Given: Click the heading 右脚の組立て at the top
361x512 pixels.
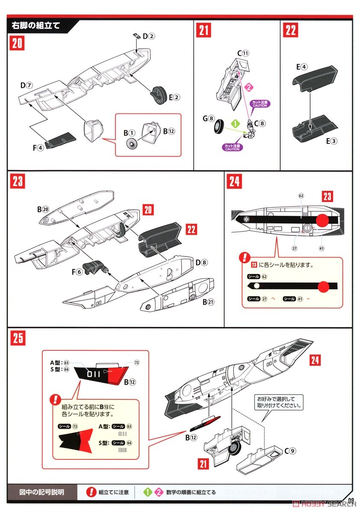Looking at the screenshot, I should (36, 25).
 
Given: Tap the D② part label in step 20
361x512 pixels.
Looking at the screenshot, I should (148, 36).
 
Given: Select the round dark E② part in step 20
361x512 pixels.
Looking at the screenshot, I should (159, 94).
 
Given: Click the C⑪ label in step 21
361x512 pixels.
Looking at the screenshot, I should (243, 53).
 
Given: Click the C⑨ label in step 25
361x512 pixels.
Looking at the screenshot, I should (290, 449).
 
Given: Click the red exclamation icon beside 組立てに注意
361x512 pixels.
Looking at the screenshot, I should (91, 492).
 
